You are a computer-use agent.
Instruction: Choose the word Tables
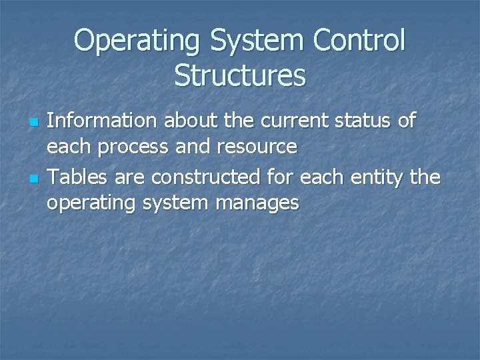coord(73,177)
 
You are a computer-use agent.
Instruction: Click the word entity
coord(375,178)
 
